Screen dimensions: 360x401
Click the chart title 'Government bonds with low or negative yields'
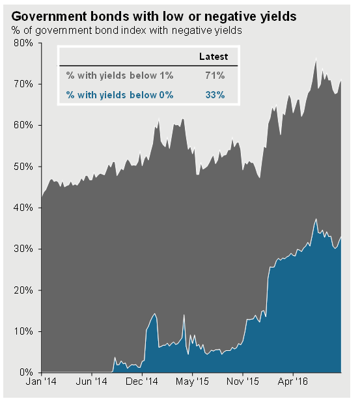click(154, 16)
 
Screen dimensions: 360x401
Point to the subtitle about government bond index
click(126, 31)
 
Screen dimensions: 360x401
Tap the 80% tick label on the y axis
click(23, 43)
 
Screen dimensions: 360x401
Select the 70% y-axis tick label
click(23, 84)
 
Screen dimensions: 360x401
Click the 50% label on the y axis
click(23, 167)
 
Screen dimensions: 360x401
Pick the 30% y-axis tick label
click(23, 249)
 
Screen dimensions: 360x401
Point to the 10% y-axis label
click(23, 331)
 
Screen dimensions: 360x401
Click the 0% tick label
click(26, 372)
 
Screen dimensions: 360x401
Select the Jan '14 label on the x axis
click(41, 381)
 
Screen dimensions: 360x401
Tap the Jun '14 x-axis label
click(92, 381)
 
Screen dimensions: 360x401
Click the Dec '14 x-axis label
click(142, 381)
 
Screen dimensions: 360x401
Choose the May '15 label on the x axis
click(192, 381)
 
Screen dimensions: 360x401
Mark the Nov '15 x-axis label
click(243, 381)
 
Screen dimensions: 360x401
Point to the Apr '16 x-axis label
click(293, 381)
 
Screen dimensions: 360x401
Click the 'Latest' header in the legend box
click(214, 57)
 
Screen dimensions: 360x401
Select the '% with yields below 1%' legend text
click(120, 76)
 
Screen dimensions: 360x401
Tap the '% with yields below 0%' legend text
click(120, 95)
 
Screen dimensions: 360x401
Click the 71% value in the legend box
click(215, 76)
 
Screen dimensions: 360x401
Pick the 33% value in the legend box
click(215, 95)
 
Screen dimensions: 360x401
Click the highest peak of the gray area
click(316, 59)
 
